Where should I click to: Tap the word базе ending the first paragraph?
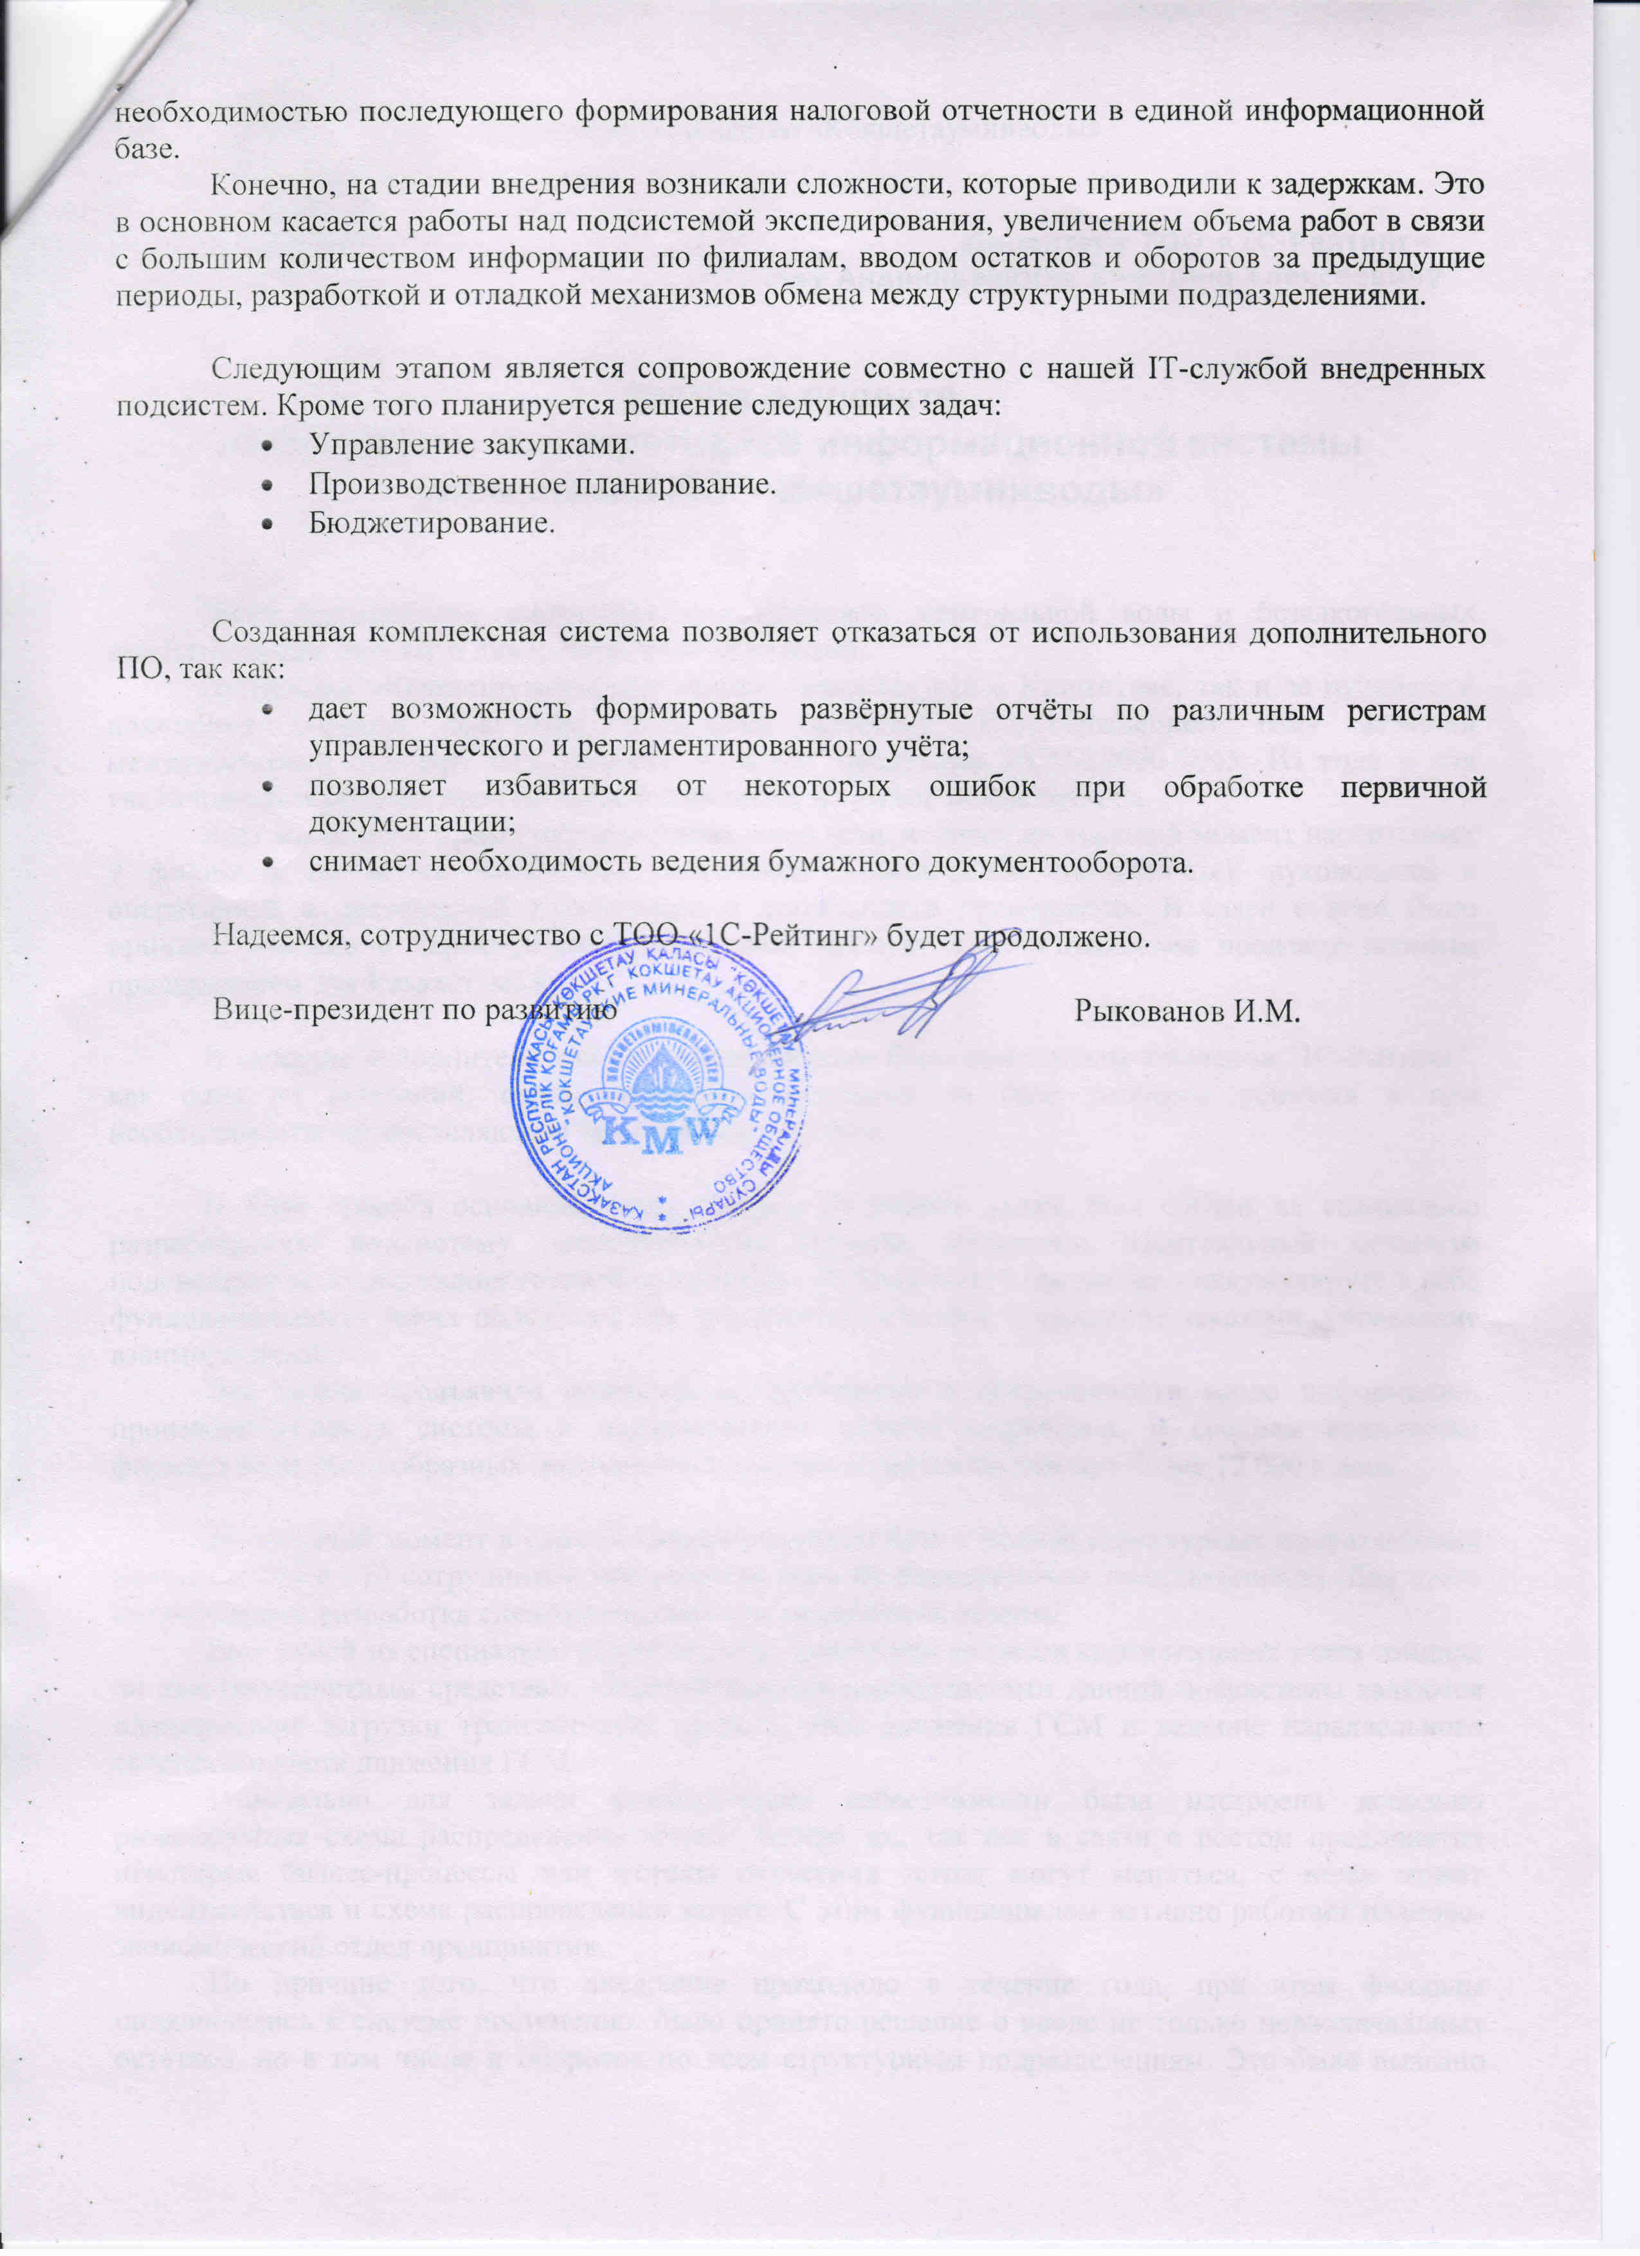[x=144, y=148]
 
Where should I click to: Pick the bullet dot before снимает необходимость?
[x=266, y=863]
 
